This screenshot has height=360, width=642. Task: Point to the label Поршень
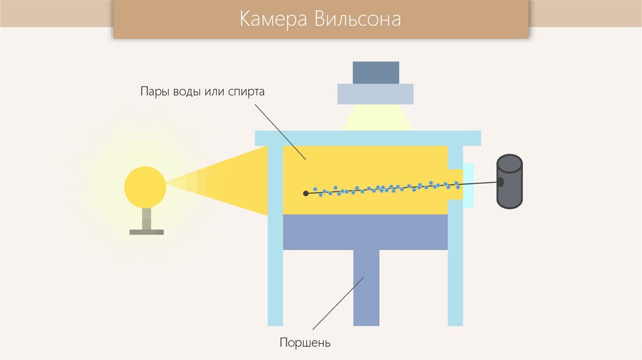click(x=305, y=343)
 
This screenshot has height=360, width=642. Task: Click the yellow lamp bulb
click(x=145, y=186)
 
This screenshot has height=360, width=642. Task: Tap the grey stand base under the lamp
click(x=146, y=232)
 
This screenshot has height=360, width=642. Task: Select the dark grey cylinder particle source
click(x=509, y=182)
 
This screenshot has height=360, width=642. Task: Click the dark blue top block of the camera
click(x=376, y=72)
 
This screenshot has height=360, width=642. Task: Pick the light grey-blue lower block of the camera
click(x=376, y=93)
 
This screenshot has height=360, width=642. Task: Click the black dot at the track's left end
click(x=306, y=193)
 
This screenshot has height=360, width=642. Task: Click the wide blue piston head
click(x=366, y=231)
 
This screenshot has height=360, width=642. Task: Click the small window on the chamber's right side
click(x=468, y=186)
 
